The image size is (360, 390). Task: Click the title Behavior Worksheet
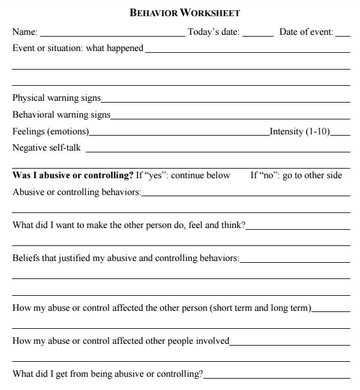185,13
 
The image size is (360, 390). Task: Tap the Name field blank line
112,35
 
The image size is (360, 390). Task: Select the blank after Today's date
258,35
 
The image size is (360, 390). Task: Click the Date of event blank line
343,35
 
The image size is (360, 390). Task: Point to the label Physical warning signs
56,98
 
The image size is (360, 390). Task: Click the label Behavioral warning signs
61,115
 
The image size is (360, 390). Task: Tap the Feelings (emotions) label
50,131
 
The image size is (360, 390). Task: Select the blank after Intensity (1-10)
340,134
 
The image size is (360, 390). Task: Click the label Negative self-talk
46,148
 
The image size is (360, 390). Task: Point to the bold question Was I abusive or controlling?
73,175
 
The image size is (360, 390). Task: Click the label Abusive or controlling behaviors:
77,192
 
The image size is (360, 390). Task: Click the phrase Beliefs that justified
50,259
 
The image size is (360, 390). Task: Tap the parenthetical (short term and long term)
260,308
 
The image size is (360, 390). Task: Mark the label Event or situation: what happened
78,48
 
